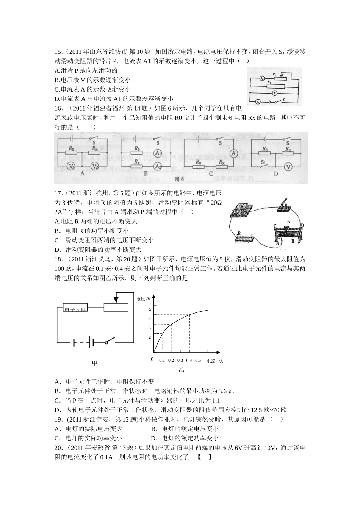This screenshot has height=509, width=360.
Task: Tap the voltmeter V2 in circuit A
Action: [95, 166]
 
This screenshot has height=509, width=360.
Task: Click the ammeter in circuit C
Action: [234, 153]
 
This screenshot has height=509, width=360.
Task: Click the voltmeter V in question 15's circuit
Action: [275, 92]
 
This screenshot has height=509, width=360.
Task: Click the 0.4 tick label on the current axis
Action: [189, 360]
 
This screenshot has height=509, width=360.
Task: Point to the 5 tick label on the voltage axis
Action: [150, 309]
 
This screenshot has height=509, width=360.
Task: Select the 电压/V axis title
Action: [144, 299]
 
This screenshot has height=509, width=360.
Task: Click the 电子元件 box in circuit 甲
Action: [75, 308]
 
